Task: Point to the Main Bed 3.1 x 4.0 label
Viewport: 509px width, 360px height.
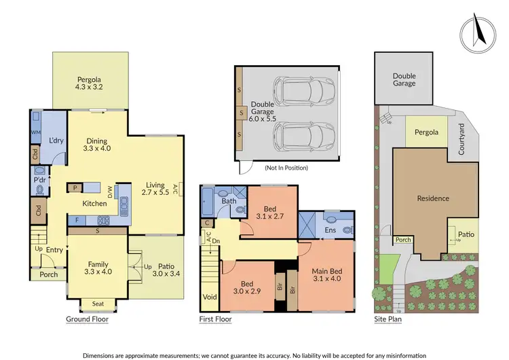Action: pyautogui.click(x=327, y=276)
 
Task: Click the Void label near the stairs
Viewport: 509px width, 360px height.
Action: pyautogui.click(x=209, y=297)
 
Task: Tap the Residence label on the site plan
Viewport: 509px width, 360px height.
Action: pyautogui.click(x=432, y=198)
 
